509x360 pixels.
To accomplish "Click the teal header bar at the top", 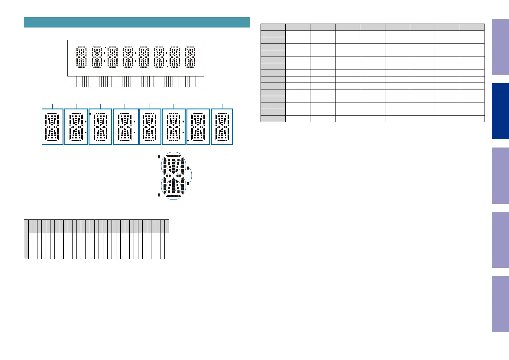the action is [x=137, y=22].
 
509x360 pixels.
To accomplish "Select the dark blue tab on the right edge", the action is [x=500, y=111].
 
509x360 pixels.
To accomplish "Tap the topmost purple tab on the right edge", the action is [x=500, y=47].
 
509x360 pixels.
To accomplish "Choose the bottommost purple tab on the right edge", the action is [x=500, y=304].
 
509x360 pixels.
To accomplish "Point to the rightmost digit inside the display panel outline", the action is [x=190, y=57].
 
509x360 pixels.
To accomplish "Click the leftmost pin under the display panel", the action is [x=71, y=82].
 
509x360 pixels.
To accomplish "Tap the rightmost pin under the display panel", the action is [x=201, y=82].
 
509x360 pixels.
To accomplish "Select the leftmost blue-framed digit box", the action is [x=52, y=127].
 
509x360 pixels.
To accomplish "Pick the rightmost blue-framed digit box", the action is [x=222, y=127].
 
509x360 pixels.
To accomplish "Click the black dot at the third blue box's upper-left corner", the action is [x=90, y=113].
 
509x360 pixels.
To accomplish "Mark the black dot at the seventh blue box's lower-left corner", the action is [x=188, y=141].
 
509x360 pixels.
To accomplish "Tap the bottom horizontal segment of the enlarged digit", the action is [x=173, y=196].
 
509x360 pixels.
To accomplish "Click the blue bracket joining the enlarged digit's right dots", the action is [x=192, y=176].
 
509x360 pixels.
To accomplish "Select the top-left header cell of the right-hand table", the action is [x=273, y=27].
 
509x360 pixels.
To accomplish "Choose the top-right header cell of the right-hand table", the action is [x=472, y=27].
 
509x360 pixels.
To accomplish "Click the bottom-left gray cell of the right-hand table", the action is [x=273, y=118].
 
